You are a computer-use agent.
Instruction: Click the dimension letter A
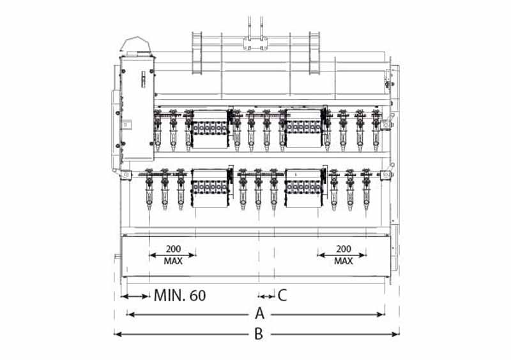(259, 313)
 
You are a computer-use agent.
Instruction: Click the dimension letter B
(259, 334)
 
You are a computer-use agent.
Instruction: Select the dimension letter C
(282, 295)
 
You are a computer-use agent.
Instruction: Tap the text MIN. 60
(179, 296)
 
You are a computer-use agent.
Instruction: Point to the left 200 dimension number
(173, 249)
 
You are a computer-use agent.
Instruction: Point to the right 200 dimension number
(344, 249)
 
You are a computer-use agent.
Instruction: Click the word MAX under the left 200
(173, 261)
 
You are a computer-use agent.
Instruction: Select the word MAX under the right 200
(344, 261)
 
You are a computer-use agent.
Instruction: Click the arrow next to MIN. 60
(135, 296)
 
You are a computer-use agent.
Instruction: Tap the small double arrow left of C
(266, 296)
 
